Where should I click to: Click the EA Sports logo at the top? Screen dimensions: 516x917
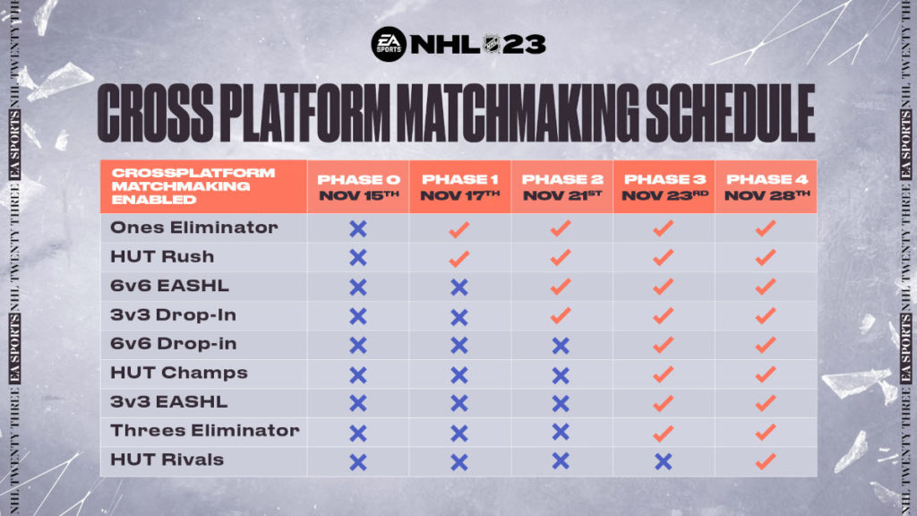tap(388, 44)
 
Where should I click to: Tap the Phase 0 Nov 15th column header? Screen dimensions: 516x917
tap(357, 187)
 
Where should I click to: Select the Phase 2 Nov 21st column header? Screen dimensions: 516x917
tap(561, 187)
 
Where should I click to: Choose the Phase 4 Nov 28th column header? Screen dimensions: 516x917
tap(766, 187)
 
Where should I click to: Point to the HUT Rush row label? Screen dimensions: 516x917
tap(162, 257)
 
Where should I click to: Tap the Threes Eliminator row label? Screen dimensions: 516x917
tap(204, 431)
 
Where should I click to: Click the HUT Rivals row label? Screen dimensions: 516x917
tap(167, 460)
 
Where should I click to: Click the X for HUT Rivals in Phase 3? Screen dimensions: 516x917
tap(663, 461)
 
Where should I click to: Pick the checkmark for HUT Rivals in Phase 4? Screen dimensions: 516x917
tap(765, 461)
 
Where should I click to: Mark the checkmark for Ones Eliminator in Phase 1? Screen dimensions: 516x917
tap(459, 229)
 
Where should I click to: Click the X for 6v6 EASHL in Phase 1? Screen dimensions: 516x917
tap(459, 288)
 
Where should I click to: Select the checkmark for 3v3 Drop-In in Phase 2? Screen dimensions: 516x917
tap(561, 316)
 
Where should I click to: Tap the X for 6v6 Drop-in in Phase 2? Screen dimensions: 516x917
tap(561, 346)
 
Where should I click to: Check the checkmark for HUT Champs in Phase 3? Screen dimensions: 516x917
tap(663, 374)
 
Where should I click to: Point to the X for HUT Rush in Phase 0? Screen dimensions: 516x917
tap(357, 258)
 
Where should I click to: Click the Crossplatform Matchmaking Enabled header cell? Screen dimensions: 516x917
tap(203, 187)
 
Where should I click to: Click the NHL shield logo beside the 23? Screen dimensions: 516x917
tap(492, 44)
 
